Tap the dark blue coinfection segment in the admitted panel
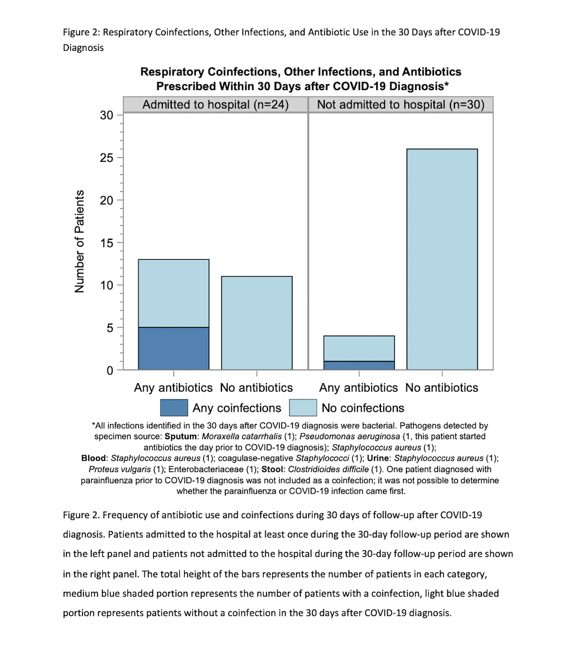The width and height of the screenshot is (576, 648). [174, 349]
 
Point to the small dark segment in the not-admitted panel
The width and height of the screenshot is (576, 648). [359, 366]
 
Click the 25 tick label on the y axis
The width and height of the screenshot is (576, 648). [106, 158]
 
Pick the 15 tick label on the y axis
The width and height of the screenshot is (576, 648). [106, 243]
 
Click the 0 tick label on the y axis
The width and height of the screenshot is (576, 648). [109, 370]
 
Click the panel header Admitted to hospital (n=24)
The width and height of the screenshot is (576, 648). [216, 105]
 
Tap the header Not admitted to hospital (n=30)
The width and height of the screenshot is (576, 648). [401, 105]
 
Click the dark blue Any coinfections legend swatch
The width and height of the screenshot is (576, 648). [174, 408]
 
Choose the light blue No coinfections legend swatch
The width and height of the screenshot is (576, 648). [303, 408]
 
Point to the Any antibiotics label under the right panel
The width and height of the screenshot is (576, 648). [358, 388]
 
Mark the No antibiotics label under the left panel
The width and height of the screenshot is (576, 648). [256, 388]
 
